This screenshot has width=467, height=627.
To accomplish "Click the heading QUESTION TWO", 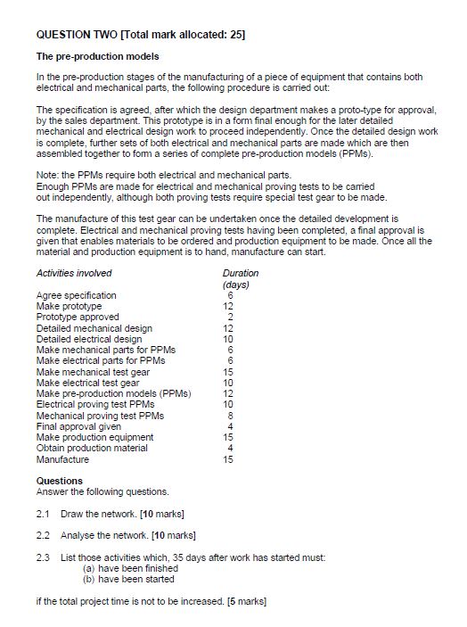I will click(81, 35).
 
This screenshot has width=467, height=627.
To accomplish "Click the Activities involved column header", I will click(74, 273).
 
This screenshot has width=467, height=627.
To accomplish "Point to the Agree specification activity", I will click(76, 295).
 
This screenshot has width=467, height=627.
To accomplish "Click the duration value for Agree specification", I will click(230, 295).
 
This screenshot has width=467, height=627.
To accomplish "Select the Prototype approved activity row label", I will click(78, 317).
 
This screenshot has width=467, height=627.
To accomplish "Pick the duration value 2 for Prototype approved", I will click(230, 317).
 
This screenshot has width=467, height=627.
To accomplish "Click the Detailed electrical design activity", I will click(89, 339).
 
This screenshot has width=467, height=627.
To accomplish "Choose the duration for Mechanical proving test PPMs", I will click(230, 416).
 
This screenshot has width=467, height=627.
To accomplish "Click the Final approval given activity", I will click(76, 426).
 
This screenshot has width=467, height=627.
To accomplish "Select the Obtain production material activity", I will click(92, 448).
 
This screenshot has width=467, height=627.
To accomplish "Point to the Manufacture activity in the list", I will click(62, 459).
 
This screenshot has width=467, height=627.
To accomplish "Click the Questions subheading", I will click(59, 481).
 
